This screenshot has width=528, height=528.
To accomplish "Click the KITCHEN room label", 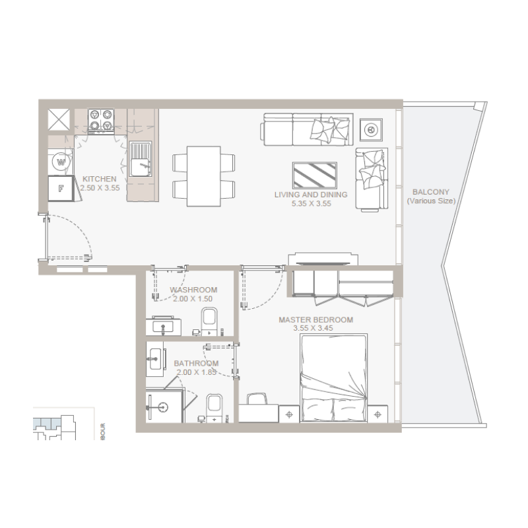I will coord(100,179).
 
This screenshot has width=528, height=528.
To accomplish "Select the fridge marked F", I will coord(61,187).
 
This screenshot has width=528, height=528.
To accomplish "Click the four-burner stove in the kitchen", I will coord(102,121).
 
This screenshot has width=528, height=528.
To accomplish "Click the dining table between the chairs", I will coord(203,176).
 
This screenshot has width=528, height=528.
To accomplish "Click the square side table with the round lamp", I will coord(371,129).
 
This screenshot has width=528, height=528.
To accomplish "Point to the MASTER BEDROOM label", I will coord(315,320).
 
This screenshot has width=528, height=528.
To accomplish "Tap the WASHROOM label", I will coord(193,290).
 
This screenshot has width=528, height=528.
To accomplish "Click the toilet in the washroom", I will coord(209,321).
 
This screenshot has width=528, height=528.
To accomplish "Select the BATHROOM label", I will coord(196,364).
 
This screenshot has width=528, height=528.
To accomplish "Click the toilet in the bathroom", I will coord(213,407).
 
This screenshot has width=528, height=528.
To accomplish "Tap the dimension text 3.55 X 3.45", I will coord(315,329).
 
